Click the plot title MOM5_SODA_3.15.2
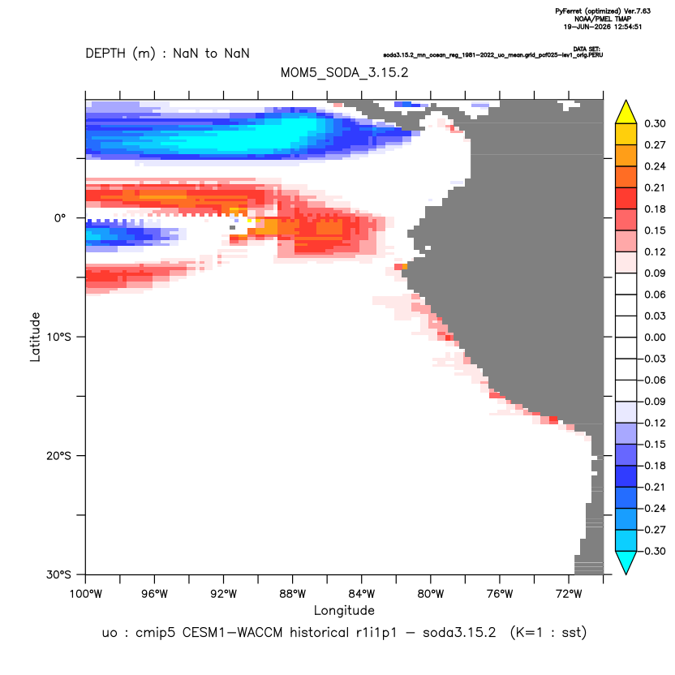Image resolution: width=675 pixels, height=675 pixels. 344,72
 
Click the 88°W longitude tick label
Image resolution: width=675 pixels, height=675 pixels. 292,594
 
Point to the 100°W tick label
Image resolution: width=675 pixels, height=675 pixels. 86,594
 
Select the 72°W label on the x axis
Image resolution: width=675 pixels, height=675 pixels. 569,594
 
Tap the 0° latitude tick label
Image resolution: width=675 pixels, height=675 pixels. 60,218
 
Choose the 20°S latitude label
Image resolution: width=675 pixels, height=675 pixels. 58,455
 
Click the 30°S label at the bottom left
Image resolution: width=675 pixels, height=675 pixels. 58,574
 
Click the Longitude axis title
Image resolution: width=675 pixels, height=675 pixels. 344,610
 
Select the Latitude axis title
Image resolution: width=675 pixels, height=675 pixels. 35,337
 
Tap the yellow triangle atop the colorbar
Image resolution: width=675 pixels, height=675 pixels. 626,113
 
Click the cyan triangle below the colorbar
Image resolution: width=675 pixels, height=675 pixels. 626,561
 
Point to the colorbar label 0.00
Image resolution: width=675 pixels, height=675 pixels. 655,337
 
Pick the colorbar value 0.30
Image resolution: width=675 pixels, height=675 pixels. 655,123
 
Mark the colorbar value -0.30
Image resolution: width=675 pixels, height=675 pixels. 651,551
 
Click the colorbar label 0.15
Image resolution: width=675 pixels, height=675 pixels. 655,230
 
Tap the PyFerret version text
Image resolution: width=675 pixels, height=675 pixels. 603,11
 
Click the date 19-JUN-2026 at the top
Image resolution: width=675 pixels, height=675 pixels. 587,27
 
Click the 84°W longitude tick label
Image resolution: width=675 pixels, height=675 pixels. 362,594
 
